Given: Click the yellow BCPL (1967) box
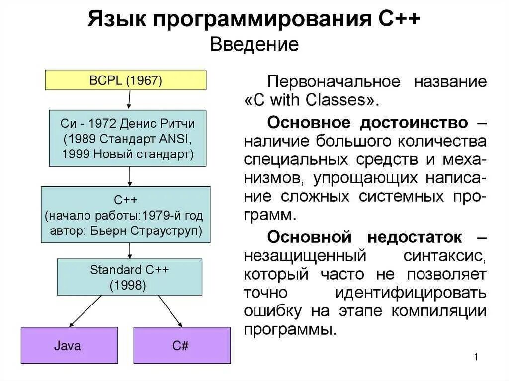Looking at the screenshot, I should [x=126, y=80].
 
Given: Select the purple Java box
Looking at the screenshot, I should [x=69, y=345].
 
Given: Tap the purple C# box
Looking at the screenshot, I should [x=181, y=345].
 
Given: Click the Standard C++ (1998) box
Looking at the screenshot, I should [x=129, y=277].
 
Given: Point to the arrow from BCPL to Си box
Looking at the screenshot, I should [x=129, y=100].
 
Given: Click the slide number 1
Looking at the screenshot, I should [x=476, y=357].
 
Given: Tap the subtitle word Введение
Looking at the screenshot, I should [x=254, y=45].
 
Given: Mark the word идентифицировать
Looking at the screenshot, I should [x=410, y=293].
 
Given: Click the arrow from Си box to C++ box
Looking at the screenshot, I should [x=130, y=176].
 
